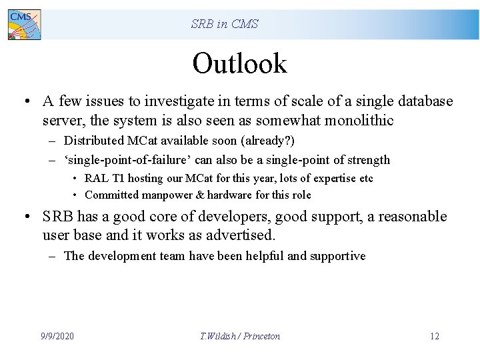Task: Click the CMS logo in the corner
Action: (24, 25)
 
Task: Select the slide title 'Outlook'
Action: (239, 64)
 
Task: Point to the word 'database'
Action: (425, 101)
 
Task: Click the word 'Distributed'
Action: (94, 141)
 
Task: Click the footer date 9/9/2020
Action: (57, 336)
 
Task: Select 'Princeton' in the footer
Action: (261, 336)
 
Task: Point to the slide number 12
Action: (434, 336)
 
